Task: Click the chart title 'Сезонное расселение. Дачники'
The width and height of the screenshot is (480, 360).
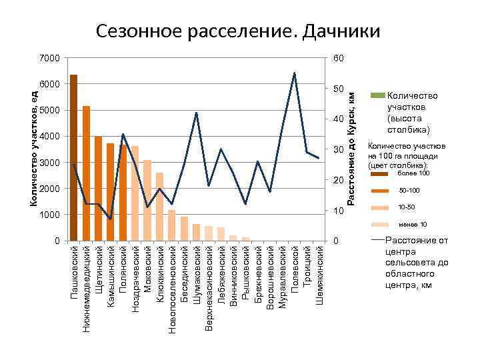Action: [x=237, y=31]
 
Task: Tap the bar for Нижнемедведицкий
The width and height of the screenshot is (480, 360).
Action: [x=86, y=173]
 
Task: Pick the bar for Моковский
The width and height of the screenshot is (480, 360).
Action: [x=147, y=200]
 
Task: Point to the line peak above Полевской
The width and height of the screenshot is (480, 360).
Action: [x=294, y=73]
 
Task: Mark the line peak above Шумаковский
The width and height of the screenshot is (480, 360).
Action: [x=196, y=113]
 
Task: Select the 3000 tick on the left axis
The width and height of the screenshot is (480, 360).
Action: [x=50, y=163]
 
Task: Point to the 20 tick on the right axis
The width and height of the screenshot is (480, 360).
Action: [x=339, y=181]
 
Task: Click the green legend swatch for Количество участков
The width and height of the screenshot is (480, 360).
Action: [x=377, y=96]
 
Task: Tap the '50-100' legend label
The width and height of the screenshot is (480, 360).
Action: [x=409, y=191]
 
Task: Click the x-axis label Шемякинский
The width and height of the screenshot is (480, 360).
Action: [x=319, y=276]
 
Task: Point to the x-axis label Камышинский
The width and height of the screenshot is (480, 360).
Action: [x=111, y=277]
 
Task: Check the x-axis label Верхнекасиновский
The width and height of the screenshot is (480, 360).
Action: [x=209, y=287]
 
